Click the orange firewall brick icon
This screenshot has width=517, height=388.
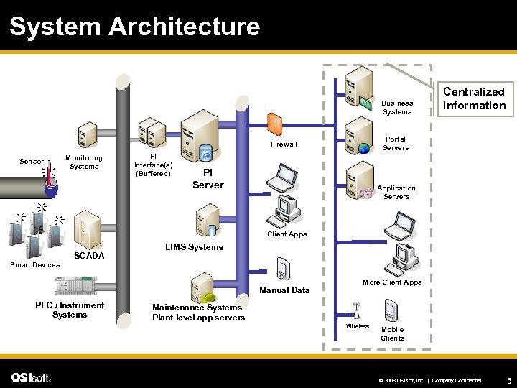274,124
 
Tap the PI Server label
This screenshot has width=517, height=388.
208,179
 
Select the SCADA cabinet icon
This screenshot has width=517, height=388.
87,231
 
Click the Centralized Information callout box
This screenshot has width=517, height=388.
475,99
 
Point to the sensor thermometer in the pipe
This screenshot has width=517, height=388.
49,175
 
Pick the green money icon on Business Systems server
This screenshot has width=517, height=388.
365,103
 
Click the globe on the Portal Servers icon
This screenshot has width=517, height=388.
364,148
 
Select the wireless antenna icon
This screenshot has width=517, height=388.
356,311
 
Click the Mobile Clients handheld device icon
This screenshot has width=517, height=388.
391,310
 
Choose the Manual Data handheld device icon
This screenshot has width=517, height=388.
283,269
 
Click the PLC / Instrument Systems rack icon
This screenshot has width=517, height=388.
75,286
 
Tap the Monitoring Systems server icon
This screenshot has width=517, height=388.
88,134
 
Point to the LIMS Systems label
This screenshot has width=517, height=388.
194,247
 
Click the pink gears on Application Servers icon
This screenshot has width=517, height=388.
365,193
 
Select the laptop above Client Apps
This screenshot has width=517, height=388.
283,177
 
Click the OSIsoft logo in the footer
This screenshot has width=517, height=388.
31,377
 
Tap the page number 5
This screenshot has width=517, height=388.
509,380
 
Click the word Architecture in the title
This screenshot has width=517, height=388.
185,26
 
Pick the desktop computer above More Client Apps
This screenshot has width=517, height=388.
401,259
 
